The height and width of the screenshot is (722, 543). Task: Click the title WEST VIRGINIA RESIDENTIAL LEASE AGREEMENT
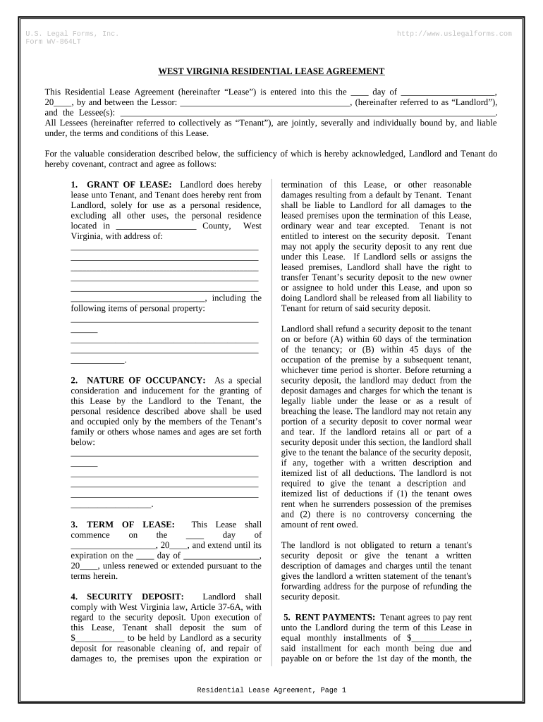pos(271,71)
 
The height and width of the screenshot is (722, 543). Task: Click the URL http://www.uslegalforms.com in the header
pos(455,34)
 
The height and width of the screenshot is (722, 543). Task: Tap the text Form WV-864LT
pos(54,41)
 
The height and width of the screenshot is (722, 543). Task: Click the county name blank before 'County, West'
pos(154,226)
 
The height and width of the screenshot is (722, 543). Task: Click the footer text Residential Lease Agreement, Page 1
pos(271,690)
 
